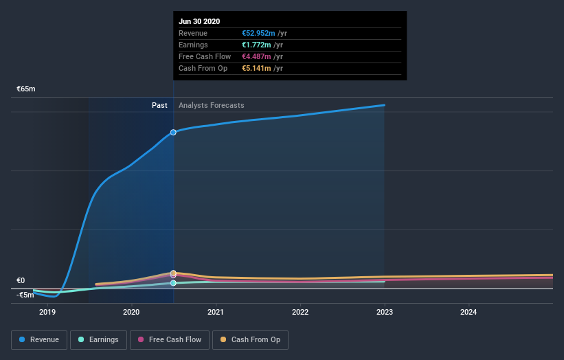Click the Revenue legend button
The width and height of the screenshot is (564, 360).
39,339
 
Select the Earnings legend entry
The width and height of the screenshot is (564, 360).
98,339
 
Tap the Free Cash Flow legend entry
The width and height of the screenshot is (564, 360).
169,339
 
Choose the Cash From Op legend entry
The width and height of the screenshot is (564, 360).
251,339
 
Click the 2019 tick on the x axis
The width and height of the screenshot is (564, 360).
47,313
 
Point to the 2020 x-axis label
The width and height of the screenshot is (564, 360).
131,313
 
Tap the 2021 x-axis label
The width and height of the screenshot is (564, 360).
216,313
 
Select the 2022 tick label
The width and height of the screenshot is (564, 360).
300,313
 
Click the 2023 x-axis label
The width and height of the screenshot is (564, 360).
385,313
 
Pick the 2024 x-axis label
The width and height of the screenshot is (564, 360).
469,313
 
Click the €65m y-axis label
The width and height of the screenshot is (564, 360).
26,89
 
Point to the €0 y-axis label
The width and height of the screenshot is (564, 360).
21,280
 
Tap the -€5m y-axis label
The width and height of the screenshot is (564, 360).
25,295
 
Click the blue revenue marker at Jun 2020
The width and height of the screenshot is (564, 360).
173,132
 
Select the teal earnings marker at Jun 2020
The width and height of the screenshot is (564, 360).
173,282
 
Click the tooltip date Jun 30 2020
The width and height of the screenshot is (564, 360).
199,21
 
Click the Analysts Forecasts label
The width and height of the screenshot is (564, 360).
211,105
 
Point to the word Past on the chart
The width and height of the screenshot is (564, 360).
159,105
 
